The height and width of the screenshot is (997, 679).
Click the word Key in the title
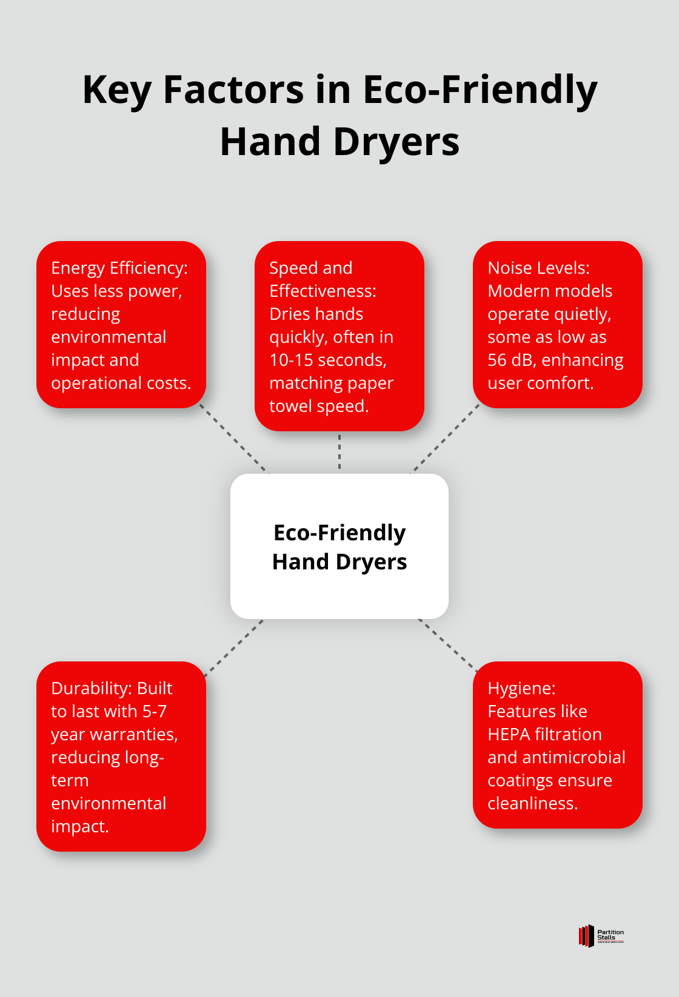117,90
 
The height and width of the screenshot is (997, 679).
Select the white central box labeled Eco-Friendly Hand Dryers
339,546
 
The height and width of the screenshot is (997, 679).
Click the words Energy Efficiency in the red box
119,268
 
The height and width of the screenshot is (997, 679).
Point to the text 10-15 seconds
327,360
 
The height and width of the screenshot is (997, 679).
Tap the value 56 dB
509,360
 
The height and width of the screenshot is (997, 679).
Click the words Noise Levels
538,268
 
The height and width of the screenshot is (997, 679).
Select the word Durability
90,688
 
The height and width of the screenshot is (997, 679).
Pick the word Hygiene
521,688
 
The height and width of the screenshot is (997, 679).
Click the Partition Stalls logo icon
586,936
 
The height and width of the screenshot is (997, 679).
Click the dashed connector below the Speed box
339,452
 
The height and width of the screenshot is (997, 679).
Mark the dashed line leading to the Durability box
234,647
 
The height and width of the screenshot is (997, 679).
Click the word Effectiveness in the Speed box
322,291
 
